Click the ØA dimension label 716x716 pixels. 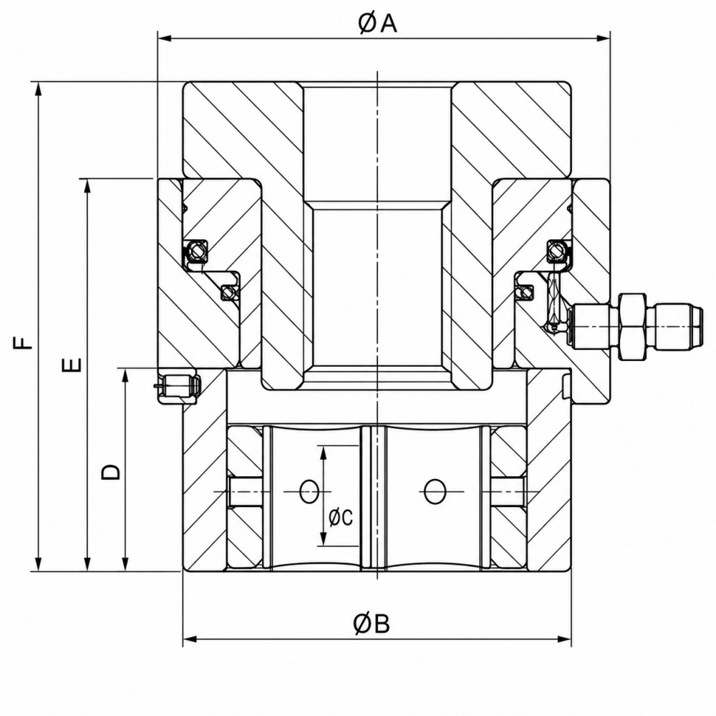[377, 23]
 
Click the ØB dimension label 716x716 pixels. [371, 624]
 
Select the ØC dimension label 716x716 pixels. [341, 518]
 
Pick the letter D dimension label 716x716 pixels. [110, 472]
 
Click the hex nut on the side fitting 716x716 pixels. [632, 327]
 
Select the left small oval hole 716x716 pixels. [309, 492]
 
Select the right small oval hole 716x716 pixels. [435, 492]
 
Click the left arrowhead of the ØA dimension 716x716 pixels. [164, 39]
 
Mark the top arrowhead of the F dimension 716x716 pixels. [39, 89]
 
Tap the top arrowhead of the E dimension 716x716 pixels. [87, 185]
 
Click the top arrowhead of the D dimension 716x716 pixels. [125, 375]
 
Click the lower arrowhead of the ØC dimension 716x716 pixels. [324, 539]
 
